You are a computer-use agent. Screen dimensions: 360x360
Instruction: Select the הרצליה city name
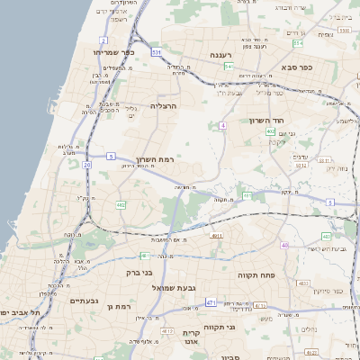164,106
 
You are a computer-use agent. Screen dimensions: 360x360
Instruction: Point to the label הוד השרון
266,120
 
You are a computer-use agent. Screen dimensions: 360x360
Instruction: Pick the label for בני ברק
138,271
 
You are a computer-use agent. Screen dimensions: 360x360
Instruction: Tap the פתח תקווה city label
256,274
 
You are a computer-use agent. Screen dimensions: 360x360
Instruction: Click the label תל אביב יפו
18,312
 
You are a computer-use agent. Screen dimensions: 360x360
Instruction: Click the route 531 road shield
157,53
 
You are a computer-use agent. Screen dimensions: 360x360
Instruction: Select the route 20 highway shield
86,166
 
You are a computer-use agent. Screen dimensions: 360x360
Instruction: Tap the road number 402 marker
270,131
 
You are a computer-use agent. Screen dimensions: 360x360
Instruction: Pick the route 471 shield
210,302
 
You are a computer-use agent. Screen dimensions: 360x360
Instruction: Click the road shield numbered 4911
216,236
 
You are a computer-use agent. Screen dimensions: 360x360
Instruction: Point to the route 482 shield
121,205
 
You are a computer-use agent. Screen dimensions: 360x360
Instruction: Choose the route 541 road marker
229,66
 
